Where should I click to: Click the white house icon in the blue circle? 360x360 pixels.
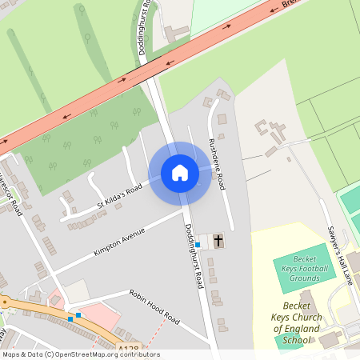[x=180, y=173]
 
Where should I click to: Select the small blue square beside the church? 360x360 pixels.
[x=198, y=244]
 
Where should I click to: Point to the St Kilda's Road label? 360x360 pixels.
[x=119, y=195]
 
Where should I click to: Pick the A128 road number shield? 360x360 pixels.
[x=128, y=348]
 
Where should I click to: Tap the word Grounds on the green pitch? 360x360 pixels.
[x=305, y=278]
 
